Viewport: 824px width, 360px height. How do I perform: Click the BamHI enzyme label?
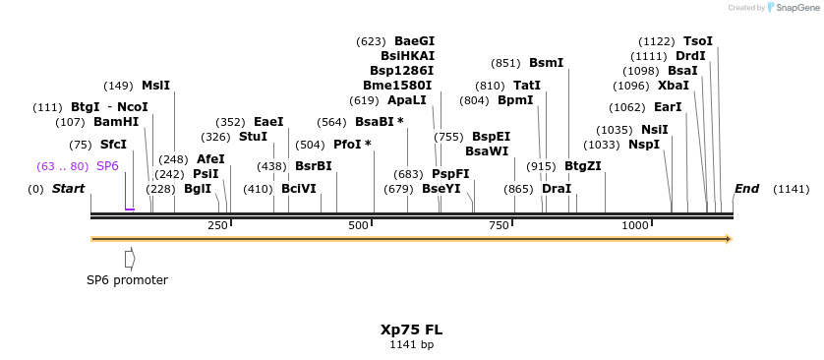(116, 123)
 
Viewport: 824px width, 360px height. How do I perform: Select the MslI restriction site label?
(155, 86)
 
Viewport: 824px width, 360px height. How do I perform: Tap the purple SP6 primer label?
(107, 166)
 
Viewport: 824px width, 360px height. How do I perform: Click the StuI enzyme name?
(253, 137)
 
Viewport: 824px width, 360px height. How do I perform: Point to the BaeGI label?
(414, 41)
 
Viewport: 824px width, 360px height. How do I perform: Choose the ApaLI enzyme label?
(407, 100)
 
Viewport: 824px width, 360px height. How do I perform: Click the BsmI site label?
(547, 63)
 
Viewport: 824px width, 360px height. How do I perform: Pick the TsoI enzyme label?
(698, 41)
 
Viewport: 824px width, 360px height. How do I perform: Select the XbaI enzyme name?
(674, 86)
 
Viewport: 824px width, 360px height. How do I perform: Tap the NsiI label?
(655, 130)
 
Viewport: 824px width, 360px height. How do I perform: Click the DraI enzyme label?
(557, 188)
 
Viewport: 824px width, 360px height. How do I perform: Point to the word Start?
(69, 188)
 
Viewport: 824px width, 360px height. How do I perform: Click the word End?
(746, 188)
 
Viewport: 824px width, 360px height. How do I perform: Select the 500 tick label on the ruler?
(358, 226)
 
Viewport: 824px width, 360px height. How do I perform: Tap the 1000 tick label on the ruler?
(635, 226)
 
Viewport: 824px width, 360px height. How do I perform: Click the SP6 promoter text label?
(127, 280)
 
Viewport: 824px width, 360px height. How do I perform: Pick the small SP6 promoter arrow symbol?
(130, 259)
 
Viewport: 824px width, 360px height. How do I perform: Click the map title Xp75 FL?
(412, 330)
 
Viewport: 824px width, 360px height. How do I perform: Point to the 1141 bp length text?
(412, 345)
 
